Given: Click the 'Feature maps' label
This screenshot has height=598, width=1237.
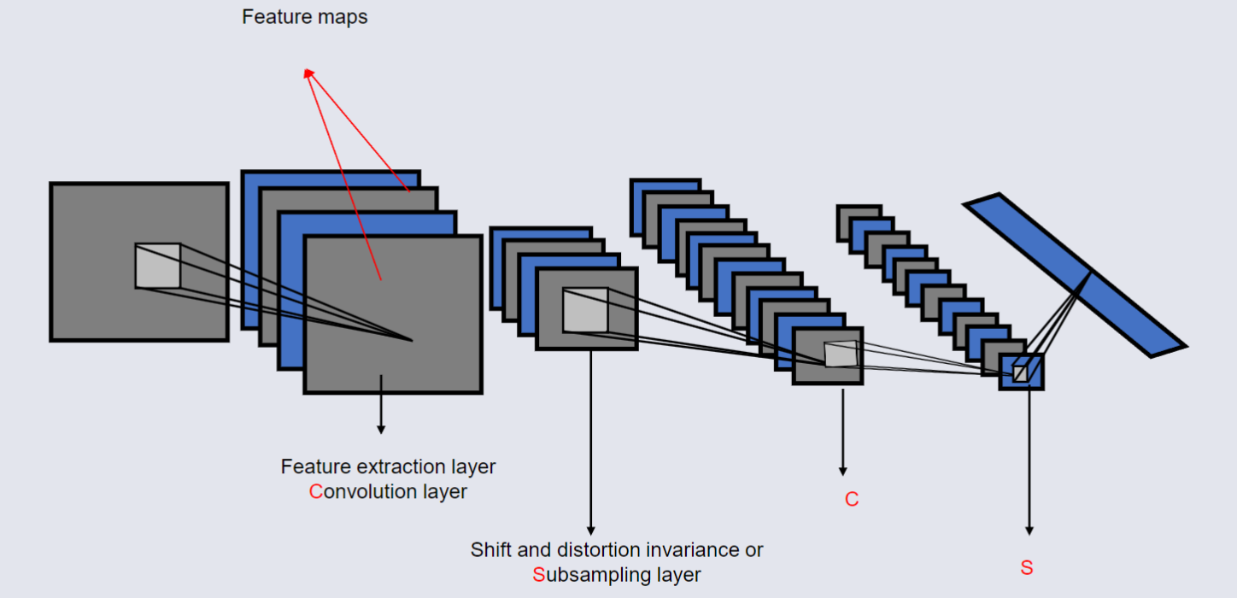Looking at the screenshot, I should point(304,17).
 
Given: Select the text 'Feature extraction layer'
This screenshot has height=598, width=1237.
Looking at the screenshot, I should point(388,467).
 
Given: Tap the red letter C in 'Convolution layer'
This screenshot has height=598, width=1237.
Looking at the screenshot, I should point(315,492).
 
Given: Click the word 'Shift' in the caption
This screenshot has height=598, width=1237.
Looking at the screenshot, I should point(488,549).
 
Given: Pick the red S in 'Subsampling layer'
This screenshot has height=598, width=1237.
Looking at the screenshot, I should point(538,575).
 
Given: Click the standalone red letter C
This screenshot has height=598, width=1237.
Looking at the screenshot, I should point(851,500).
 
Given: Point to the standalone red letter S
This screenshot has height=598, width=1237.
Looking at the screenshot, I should point(1027,568).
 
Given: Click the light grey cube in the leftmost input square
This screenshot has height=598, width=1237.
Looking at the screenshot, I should point(158,266).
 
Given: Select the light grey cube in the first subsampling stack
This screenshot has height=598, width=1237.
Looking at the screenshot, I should point(585,310).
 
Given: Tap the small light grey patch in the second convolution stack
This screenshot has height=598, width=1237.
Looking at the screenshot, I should point(839,354).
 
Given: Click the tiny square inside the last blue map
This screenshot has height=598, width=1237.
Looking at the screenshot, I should point(1020,373).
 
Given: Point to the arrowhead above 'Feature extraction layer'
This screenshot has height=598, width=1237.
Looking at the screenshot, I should point(381,428).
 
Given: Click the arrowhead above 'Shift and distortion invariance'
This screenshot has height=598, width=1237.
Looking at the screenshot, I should point(589,531).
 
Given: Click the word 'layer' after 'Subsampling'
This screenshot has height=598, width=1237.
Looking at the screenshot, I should point(677,575).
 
